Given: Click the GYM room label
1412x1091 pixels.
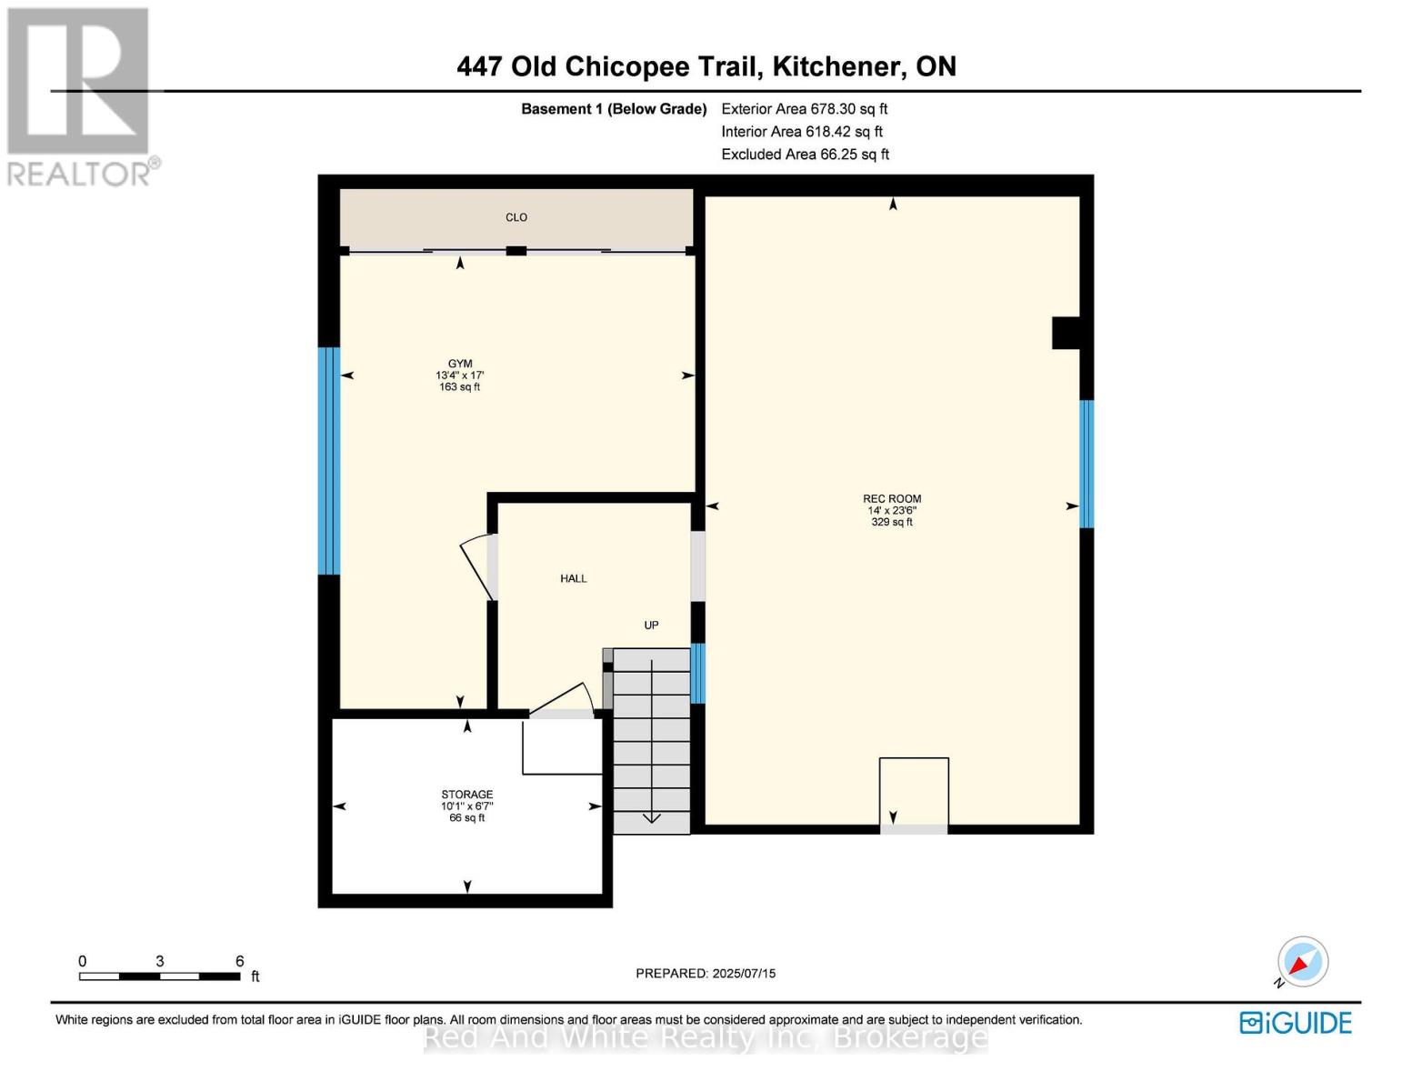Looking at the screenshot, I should point(460,364).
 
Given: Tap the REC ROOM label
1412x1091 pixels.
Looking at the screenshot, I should point(892,498).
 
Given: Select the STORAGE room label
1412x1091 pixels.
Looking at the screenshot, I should point(467,795).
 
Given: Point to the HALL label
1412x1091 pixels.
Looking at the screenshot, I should point(573,578).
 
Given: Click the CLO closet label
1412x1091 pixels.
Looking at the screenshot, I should point(516,217).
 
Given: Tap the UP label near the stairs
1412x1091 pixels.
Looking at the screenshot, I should point(651,626).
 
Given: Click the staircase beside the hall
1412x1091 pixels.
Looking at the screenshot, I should point(652,740).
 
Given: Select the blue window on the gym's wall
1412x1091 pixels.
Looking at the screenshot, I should point(329,461).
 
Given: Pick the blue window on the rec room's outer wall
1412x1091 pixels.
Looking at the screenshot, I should point(1086,464).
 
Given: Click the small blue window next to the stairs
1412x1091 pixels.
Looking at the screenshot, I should point(697,674).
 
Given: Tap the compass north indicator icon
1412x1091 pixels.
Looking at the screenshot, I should point(1302,962).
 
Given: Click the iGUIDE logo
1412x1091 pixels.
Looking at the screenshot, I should point(1296,1023).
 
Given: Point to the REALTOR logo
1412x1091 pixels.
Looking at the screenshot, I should point(80,96).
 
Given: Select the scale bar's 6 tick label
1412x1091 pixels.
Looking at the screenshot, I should point(240,961).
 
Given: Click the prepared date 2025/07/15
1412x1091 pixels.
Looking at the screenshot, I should point(744,974).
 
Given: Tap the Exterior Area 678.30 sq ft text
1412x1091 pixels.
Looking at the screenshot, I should point(804,109).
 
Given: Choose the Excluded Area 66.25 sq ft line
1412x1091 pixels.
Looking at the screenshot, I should point(805,155).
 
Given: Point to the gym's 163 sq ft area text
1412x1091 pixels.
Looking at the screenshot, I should point(460,387).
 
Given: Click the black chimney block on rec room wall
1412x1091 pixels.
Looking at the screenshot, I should point(1066,333).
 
